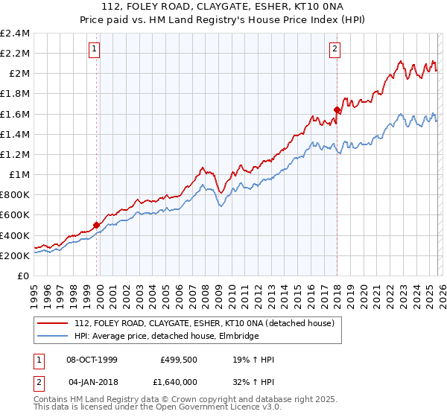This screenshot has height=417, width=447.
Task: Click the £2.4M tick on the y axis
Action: [15, 34]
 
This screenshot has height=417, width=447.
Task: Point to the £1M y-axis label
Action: [19, 175]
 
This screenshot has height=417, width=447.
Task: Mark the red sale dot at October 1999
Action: [96, 225]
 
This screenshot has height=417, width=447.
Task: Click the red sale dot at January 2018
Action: [337, 109]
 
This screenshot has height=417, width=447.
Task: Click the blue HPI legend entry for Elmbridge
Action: [166, 337]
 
